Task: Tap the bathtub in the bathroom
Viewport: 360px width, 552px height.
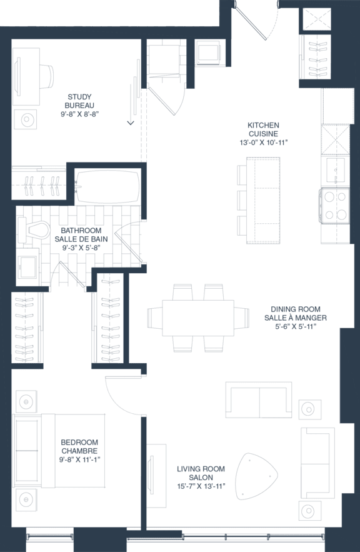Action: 107,187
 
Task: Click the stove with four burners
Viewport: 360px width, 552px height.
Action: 334,206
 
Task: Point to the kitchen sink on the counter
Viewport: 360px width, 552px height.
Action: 335,171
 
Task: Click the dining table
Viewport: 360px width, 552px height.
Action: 198,318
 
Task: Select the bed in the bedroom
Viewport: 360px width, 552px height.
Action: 59,451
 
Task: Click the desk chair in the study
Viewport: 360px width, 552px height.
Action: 47,76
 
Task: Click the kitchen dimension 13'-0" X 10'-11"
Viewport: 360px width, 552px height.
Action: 263,143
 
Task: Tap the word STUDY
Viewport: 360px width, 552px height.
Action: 79,97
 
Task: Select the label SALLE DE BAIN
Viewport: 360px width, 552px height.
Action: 81,239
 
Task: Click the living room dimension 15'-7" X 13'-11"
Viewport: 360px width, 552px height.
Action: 201,486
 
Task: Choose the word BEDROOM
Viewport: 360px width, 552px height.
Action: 79,442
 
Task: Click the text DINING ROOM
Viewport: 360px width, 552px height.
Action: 296,309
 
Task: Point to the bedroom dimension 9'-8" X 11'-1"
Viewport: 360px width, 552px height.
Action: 79,459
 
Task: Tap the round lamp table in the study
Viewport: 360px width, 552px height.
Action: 26,119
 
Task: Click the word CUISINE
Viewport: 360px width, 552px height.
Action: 263,134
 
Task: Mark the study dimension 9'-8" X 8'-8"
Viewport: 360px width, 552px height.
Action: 79,114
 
